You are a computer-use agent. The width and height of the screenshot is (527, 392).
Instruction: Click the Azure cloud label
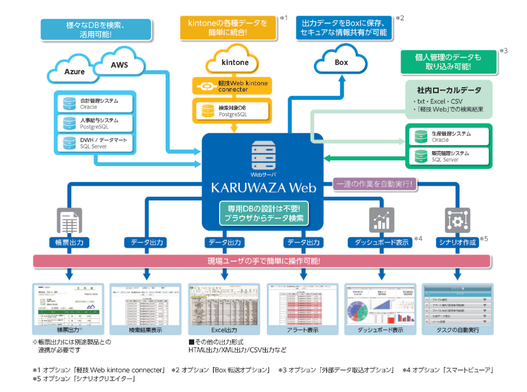tap(75, 72)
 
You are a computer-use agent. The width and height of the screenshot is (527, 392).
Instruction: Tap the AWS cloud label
tap(119, 65)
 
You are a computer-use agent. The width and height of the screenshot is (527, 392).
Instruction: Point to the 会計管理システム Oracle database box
tap(95, 103)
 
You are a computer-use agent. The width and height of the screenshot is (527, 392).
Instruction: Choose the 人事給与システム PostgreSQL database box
tap(95, 123)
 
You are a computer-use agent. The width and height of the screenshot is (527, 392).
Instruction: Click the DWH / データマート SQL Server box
tap(95, 142)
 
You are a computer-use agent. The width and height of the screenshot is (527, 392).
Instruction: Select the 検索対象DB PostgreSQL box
tap(232, 110)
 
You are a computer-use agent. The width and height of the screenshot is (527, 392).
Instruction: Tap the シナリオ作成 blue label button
tap(457, 242)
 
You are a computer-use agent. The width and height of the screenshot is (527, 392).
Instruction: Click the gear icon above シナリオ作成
tap(457, 220)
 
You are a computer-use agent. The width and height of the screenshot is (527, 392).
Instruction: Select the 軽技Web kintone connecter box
tap(232, 86)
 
